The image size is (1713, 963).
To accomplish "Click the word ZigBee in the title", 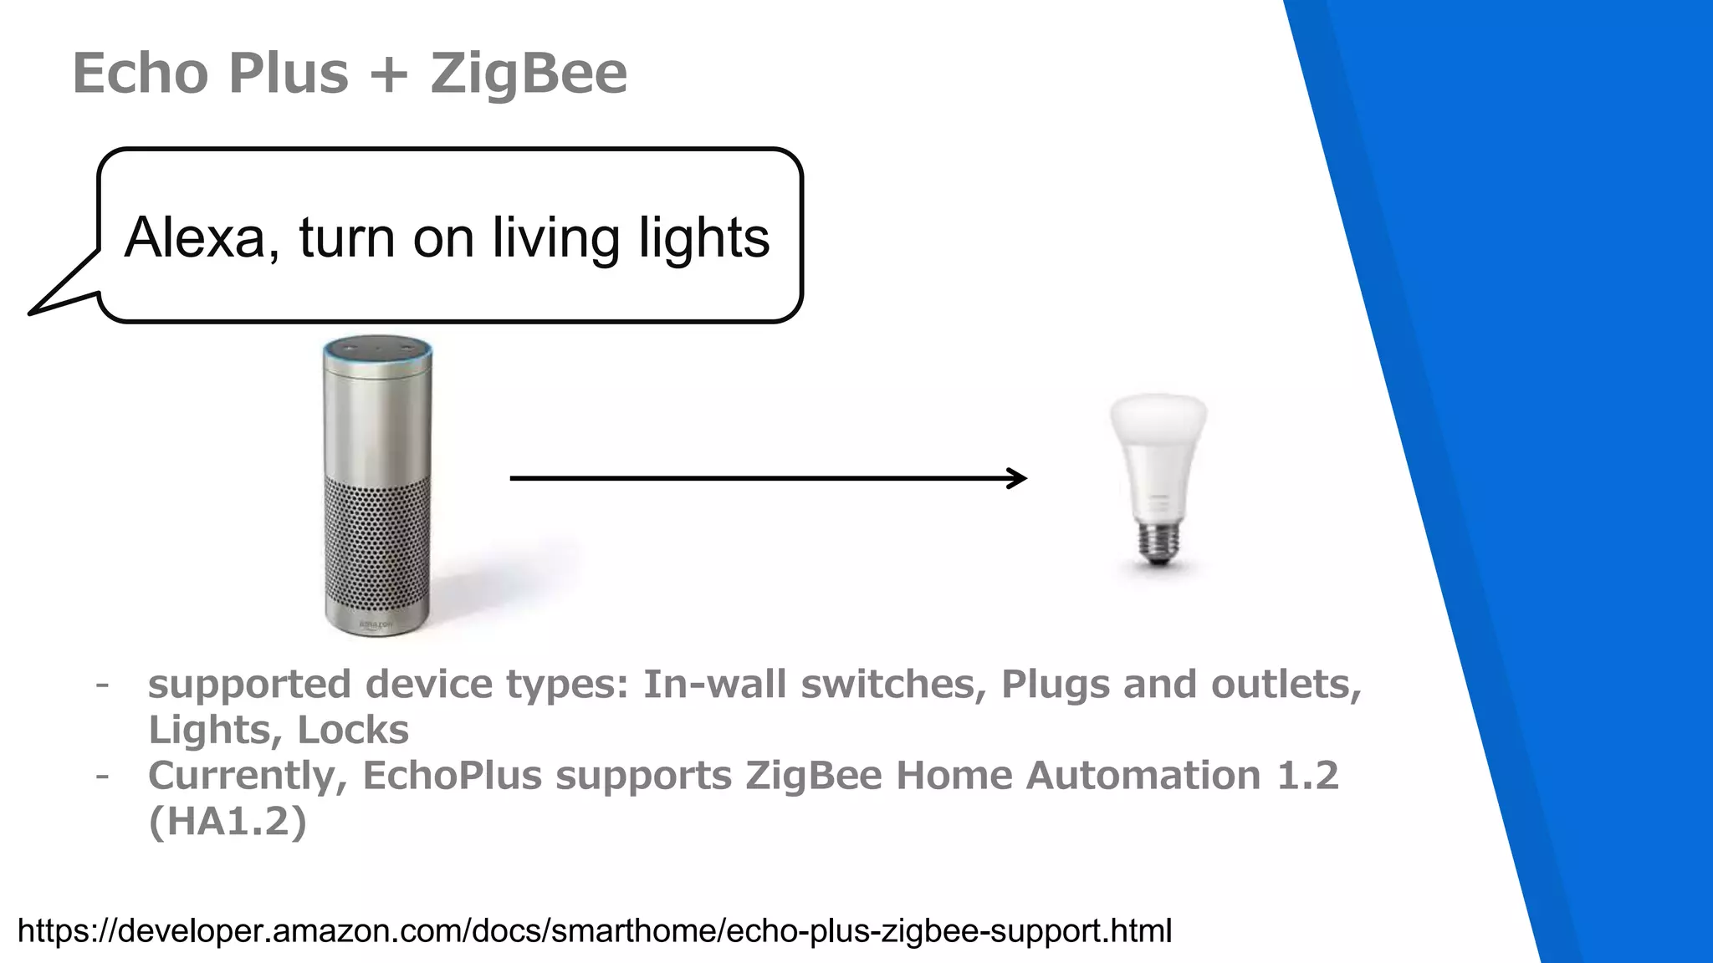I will pyautogui.click(x=529, y=74).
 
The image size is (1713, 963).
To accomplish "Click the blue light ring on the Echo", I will pyautogui.click(x=378, y=358).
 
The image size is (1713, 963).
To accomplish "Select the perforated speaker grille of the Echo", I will pyautogui.click(x=378, y=552).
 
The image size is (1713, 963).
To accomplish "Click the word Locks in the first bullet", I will pyautogui.click(x=352, y=730).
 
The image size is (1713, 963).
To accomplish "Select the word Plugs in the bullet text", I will pyautogui.click(x=1056, y=684).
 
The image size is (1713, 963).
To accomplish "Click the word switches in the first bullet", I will pyautogui.click(x=888, y=684).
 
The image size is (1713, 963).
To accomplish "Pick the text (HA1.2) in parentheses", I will pyautogui.click(x=228, y=821).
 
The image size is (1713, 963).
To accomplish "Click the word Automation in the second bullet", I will pyautogui.click(x=1143, y=775).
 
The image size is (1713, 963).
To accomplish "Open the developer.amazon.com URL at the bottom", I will pyautogui.click(x=594, y=930).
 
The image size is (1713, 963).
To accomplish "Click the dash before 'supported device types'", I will pyautogui.click(x=102, y=685).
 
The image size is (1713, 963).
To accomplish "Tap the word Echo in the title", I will pyautogui.click(x=141, y=74).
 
